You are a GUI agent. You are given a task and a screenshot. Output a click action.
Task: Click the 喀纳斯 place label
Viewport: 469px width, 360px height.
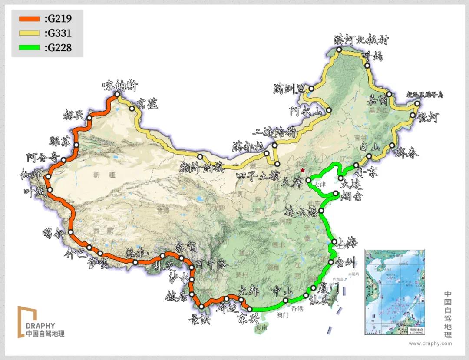pos(119,86)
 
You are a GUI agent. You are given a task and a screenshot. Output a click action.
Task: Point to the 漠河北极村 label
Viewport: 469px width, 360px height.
pos(361,40)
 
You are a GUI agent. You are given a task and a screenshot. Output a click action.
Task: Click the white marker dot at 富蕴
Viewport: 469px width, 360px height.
pos(132,108)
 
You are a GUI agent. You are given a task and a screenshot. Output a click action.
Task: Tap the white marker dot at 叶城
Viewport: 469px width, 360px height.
pos(50,190)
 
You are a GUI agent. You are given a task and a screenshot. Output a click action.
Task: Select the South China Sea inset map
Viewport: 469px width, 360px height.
pos(394,292)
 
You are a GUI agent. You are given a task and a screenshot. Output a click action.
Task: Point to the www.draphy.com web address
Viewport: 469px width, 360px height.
pos(430,343)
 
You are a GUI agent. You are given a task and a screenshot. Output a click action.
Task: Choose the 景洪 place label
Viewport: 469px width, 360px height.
pos(199,320)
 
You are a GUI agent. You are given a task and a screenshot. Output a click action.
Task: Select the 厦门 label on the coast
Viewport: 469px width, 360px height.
pos(328,288)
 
